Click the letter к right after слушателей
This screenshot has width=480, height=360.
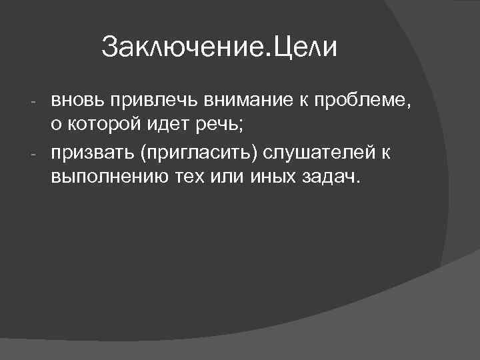385,153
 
